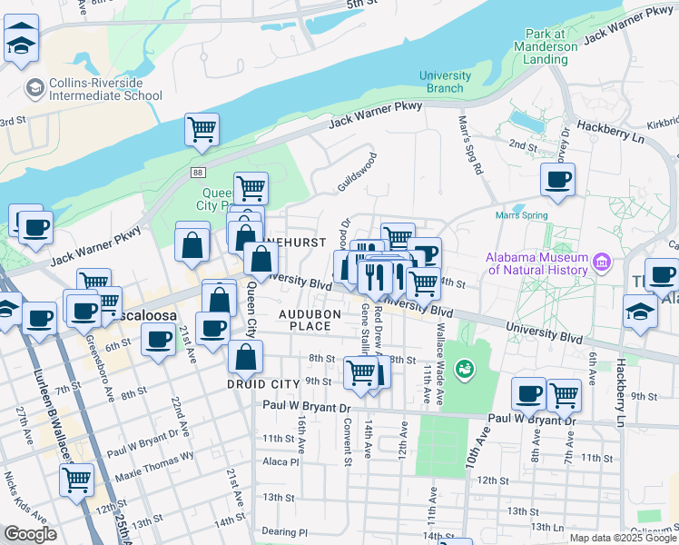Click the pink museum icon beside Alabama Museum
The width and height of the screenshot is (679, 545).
click(601, 263)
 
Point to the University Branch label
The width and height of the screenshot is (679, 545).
click(445, 82)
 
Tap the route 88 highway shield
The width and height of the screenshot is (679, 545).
click(198, 172)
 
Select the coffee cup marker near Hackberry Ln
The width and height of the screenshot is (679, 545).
click(557, 178)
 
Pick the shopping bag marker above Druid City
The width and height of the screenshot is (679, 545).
click(246, 356)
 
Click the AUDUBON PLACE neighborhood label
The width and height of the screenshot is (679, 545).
click(309, 320)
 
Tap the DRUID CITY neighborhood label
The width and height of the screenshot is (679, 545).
click(263, 384)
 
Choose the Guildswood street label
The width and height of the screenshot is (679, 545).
click(356, 171)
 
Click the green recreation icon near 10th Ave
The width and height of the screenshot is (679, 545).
click(465, 369)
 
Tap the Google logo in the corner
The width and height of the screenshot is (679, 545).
click(30, 533)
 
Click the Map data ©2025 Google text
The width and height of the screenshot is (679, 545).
click(623, 538)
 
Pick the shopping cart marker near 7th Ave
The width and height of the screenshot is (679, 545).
click(564, 394)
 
